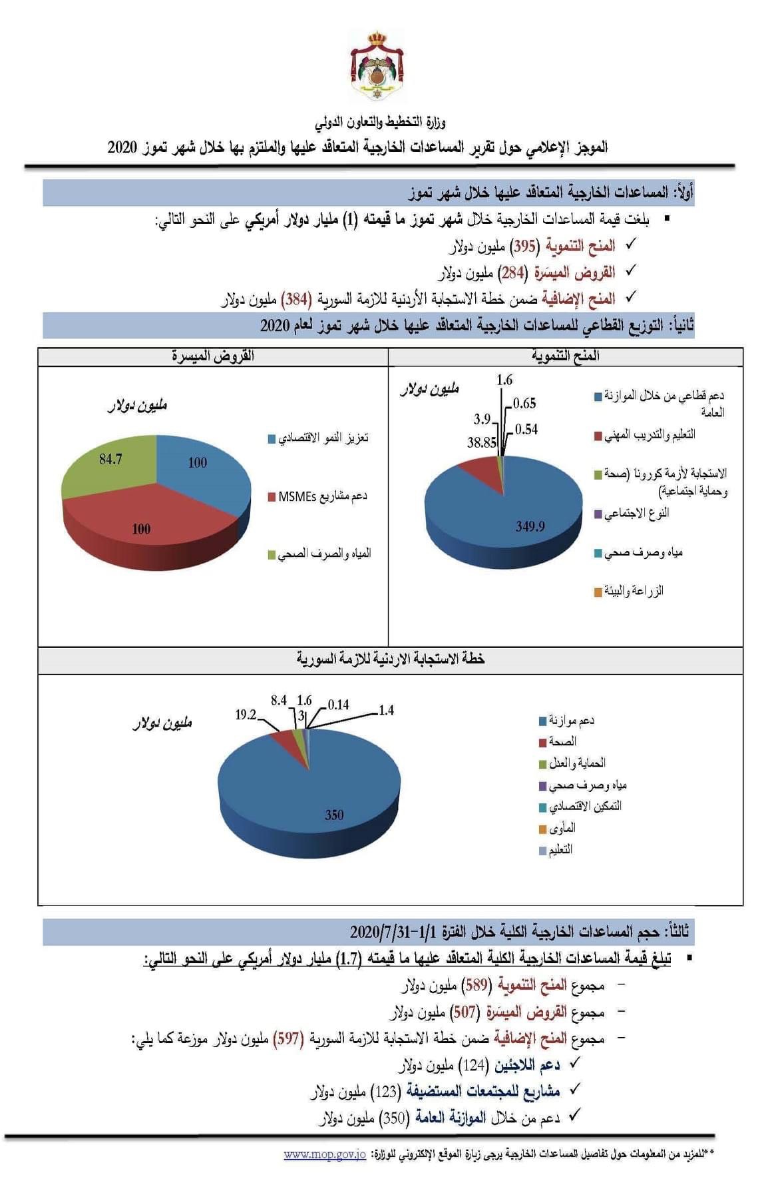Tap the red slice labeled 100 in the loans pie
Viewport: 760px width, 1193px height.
point(141,529)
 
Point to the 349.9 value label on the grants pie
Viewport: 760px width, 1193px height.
point(530,526)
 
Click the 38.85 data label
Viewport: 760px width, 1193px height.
point(482,442)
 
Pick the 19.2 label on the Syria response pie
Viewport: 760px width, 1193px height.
point(246,715)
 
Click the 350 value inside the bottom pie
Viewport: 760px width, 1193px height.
point(334,815)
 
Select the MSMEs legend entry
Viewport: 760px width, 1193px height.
point(322,496)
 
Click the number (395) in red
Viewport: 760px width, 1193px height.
point(524,246)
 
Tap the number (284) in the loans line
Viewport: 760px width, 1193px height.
point(513,272)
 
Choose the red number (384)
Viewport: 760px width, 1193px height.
point(295,299)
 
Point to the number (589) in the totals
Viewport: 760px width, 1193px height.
point(477,985)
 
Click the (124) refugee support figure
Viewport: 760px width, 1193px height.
point(476,1065)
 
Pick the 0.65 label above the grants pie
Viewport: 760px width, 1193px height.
point(524,403)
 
